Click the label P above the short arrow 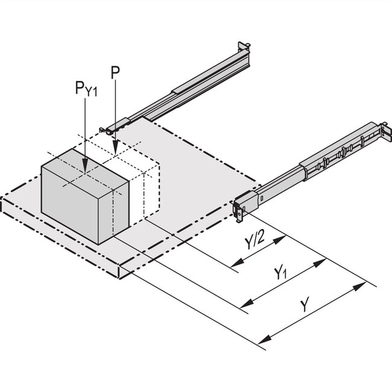click(x=115, y=73)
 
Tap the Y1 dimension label click(x=280, y=274)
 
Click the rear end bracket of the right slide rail click(x=381, y=130)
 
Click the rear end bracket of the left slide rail click(x=244, y=48)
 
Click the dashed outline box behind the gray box click(x=145, y=181)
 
